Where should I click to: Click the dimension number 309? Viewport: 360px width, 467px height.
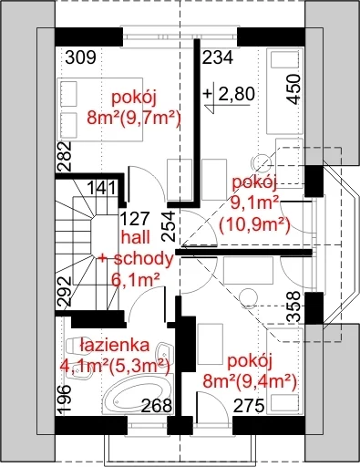click(x=81, y=57)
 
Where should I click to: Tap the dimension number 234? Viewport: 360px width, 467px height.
click(x=218, y=57)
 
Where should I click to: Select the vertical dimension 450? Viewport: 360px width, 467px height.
click(x=293, y=89)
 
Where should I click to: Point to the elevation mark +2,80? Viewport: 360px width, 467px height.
click(x=229, y=94)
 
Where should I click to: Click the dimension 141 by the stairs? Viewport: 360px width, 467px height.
click(x=101, y=188)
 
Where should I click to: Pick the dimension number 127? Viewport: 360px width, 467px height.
click(x=135, y=218)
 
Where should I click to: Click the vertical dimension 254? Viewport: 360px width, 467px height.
click(x=169, y=226)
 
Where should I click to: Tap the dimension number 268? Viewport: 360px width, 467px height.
click(x=157, y=406)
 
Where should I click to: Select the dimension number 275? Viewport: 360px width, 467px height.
click(x=249, y=406)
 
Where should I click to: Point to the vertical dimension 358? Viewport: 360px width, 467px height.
click(x=293, y=306)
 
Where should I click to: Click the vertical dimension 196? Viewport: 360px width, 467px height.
click(x=65, y=400)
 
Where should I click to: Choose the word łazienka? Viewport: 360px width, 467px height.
click(x=115, y=345)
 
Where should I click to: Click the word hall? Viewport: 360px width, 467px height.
click(x=136, y=237)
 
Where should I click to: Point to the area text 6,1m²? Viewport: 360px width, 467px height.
click(x=136, y=280)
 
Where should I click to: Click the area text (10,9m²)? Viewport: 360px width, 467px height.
click(x=254, y=224)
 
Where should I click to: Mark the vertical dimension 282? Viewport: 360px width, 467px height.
click(x=65, y=156)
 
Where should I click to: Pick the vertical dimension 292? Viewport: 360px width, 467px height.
click(x=65, y=291)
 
